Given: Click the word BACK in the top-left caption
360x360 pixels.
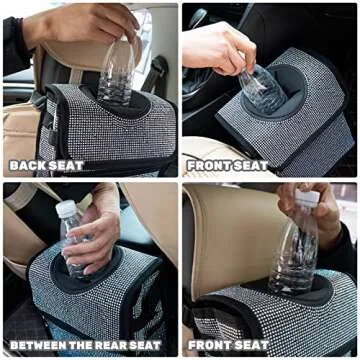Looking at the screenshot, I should (x=29, y=165).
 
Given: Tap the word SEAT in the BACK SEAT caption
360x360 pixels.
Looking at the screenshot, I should (x=67, y=165).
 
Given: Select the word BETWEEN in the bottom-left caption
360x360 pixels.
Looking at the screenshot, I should (x=37, y=346).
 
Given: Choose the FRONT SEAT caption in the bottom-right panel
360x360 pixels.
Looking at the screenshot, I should (x=229, y=346).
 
